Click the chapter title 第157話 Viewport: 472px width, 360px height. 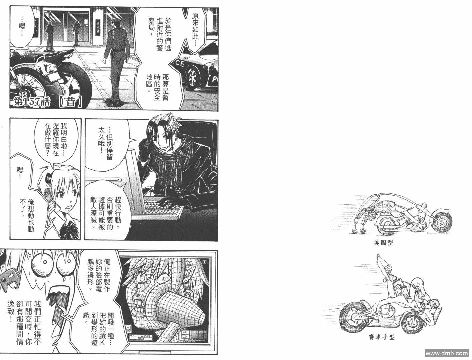click(31, 102)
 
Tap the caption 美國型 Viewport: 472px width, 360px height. click(383, 243)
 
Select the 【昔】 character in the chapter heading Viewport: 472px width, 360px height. click(70, 102)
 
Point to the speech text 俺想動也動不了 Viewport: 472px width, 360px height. click(27, 216)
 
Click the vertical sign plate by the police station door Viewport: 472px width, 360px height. click(98, 28)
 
